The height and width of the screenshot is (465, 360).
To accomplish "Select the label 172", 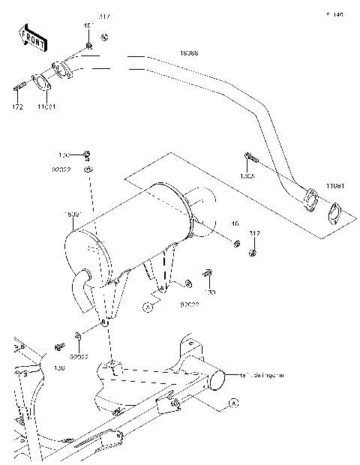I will tap(17, 107).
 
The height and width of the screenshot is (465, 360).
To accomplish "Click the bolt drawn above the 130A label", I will tap(250, 158).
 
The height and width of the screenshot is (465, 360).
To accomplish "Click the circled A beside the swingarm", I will tap(232, 403).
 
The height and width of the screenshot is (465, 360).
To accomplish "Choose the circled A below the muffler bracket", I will tap(148, 307).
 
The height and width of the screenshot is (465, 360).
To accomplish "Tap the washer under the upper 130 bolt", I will tap(88, 171).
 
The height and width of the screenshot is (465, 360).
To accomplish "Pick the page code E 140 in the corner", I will tap(334, 14).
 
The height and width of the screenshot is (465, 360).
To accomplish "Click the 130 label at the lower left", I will tap(60, 368).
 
